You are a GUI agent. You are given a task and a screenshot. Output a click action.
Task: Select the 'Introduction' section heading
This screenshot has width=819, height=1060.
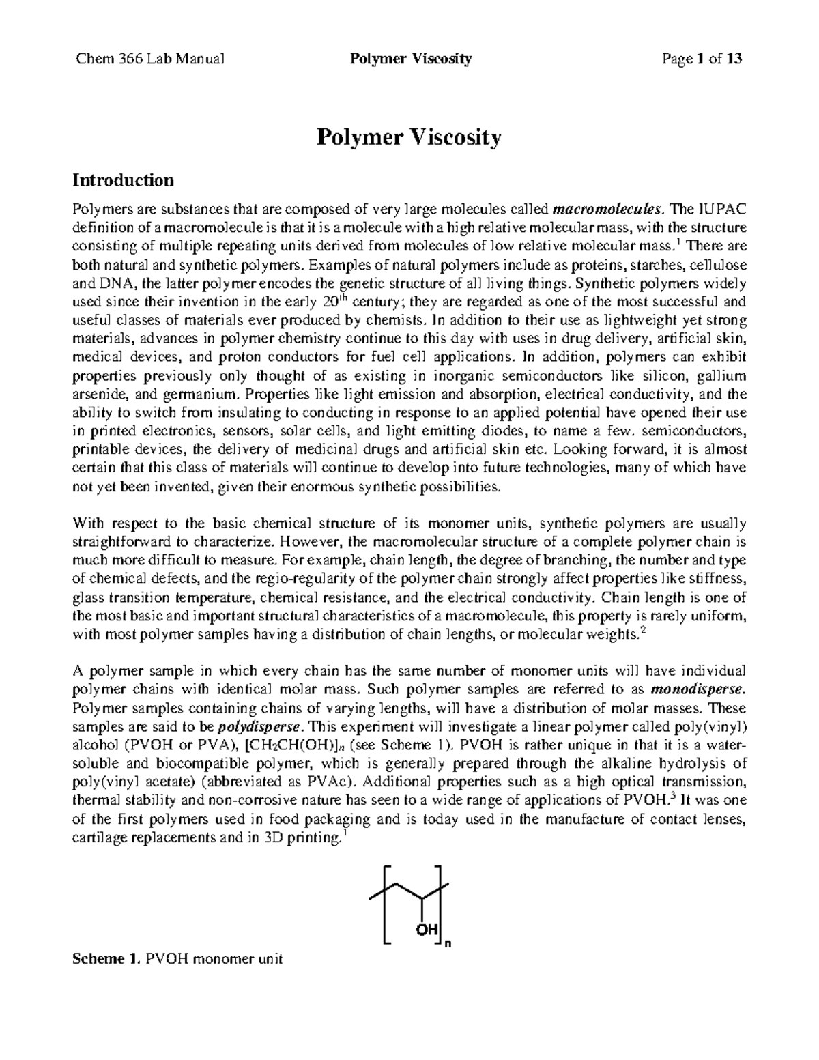pyautogui.click(x=123, y=180)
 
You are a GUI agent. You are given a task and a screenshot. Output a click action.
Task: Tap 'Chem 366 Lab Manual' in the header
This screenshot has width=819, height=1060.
pyautogui.click(x=149, y=59)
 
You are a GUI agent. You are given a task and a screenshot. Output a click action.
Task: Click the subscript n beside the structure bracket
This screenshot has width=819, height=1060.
pyautogui.click(x=448, y=945)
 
